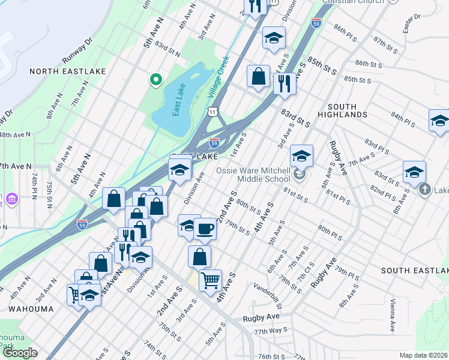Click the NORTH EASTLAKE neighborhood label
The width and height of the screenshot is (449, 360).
pyautogui.click(x=67, y=71)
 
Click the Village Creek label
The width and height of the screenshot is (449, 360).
pyautogui.click(x=219, y=77)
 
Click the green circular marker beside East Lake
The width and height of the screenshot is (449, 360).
pyautogui.click(x=155, y=79)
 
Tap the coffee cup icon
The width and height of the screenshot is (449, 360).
pyautogui.click(x=205, y=229)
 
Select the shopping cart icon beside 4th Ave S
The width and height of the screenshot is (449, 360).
pyautogui.click(x=210, y=280)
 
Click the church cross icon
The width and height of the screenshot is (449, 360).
pyautogui.click(x=425, y=190)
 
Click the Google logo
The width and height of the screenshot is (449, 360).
pyautogui.click(x=20, y=353)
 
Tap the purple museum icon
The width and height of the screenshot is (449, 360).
pyautogui.click(x=2, y=199)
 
